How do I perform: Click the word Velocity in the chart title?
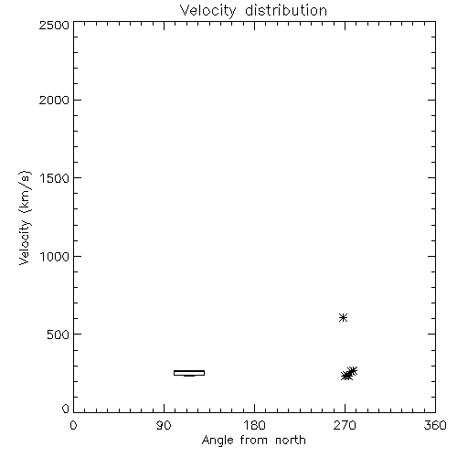tap(207, 11)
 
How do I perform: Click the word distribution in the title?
tap(286, 10)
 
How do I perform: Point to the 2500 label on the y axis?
tap(54, 25)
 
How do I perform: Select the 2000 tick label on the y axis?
tap(54, 100)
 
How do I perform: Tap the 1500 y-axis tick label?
tap(55, 178)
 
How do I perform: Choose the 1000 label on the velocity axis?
tap(55, 256)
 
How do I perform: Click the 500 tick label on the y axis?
tap(58, 335)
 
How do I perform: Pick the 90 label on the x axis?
tap(164, 425)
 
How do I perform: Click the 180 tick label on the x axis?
tap(254, 425)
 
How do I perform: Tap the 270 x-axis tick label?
tap(345, 425)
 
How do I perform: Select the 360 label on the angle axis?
tap(435, 425)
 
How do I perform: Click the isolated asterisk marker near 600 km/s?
tap(344, 318)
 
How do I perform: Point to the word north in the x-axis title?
tap(291, 441)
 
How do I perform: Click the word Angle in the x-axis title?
tap(218, 441)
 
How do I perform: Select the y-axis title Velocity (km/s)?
tap(25, 218)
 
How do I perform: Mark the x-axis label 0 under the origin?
tap(73, 425)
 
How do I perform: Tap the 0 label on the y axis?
tap(66, 409)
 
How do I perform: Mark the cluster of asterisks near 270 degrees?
tap(349, 374)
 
